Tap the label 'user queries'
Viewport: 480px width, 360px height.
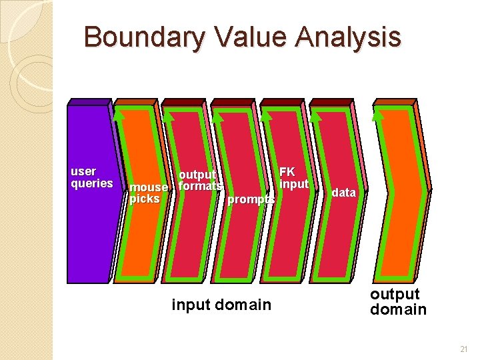[x=92, y=177]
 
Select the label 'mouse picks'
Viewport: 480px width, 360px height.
[x=148, y=193]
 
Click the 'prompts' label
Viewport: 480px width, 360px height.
[x=251, y=199]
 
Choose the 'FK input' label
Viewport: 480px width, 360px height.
[x=293, y=178]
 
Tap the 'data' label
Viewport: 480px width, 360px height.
[x=344, y=193]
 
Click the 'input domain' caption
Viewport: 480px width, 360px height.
[x=221, y=305]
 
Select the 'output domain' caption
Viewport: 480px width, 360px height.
[x=398, y=301]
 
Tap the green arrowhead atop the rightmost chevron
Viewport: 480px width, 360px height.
[x=378, y=115]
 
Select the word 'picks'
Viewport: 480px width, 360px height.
[x=145, y=199]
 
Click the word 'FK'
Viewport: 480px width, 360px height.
[x=287, y=172]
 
